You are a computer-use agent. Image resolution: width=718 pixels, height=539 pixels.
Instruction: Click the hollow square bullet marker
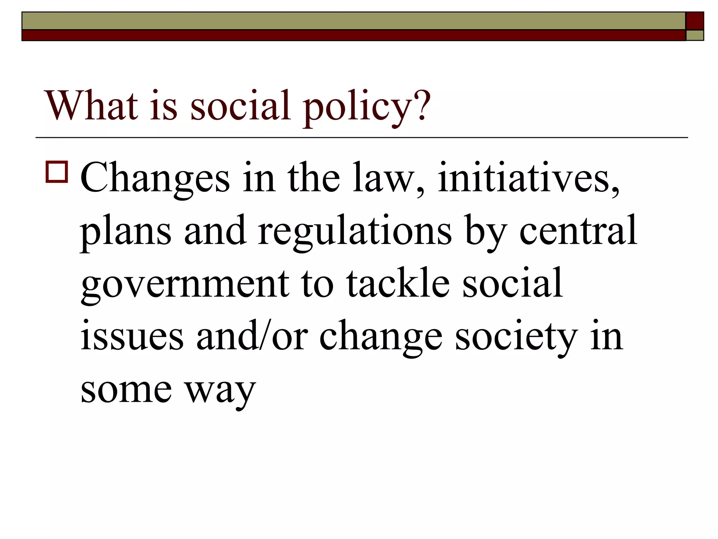[x=56, y=172]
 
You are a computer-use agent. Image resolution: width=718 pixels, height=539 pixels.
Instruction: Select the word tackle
[x=398, y=283]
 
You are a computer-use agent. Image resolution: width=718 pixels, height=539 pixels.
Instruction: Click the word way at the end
[x=221, y=392]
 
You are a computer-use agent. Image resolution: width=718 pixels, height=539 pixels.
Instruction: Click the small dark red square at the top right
[x=695, y=21]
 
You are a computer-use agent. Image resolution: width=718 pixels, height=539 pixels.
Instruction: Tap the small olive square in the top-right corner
[x=695, y=35]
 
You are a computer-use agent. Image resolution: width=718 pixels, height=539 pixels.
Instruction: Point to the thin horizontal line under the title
[x=361, y=138]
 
